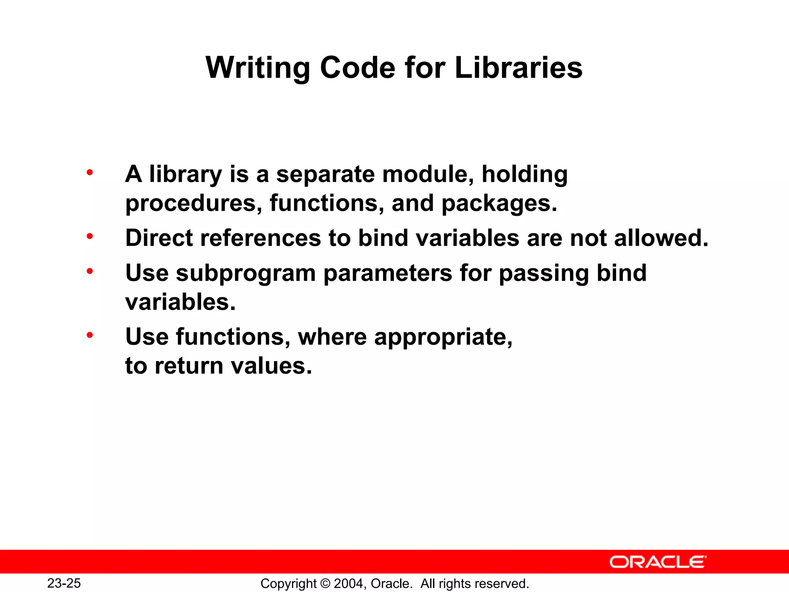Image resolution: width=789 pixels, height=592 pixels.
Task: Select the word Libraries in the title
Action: (x=518, y=68)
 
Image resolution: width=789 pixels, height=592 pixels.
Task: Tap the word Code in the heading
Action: (x=358, y=68)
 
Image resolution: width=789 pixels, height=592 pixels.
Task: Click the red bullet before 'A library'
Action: (x=90, y=172)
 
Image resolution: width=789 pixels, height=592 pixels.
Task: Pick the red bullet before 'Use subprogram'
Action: (x=90, y=271)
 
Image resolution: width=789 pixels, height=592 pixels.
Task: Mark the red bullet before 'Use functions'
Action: (x=90, y=335)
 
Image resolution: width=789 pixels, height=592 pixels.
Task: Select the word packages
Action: (x=499, y=203)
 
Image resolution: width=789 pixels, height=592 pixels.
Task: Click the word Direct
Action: (x=159, y=238)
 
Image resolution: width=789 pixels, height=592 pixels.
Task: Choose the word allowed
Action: (x=661, y=238)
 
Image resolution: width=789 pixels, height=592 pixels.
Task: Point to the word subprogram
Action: (x=246, y=273)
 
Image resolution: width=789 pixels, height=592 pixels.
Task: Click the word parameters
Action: (x=388, y=273)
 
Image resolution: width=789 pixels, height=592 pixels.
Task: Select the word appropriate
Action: (x=443, y=337)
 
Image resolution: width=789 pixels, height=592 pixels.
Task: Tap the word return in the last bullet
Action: (x=189, y=366)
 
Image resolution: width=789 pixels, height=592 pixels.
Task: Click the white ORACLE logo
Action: (x=658, y=562)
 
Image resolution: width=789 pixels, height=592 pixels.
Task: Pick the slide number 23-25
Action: (x=64, y=583)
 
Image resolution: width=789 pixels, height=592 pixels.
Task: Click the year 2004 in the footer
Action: (x=348, y=584)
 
